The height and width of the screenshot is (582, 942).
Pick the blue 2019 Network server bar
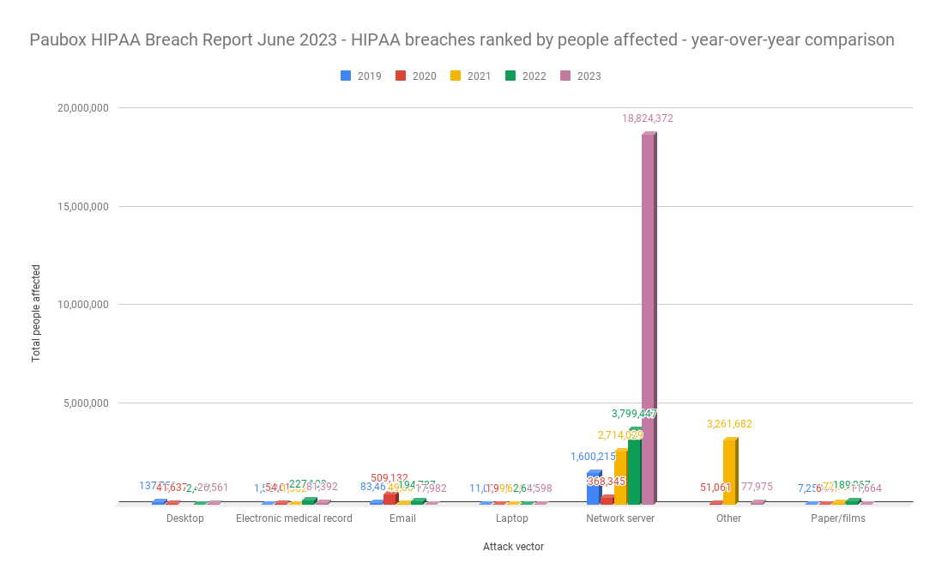click(593, 488)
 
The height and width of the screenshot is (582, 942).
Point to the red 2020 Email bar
click(390, 498)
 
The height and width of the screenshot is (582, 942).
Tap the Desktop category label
click(185, 518)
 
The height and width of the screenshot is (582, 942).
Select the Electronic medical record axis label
click(293, 518)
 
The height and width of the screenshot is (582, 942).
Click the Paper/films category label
click(837, 518)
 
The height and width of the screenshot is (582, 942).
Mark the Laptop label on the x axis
click(511, 518)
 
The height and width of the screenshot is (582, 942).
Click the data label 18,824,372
click(648, 118)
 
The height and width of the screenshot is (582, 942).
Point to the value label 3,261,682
click(729, 424)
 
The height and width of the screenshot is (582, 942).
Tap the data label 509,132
click(389, 478)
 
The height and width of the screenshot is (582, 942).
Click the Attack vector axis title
click(513, 547)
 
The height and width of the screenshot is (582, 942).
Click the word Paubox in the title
click(58, 39)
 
